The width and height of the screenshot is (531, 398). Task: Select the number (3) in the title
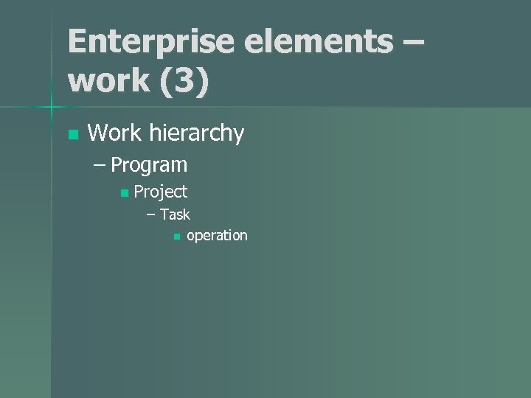click(x=181, y=81)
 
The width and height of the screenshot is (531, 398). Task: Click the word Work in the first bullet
click(x=114, y=133)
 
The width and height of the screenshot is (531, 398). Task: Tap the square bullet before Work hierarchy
click(x=72, y=135)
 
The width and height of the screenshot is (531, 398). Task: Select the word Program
click(x=149, y=165)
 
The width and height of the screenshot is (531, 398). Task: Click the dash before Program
click(x=100, y=165)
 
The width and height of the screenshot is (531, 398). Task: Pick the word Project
click(x=161, y=192)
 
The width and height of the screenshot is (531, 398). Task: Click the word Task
click(x=175, y=214)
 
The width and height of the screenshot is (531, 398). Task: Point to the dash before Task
click(x=151, y=215)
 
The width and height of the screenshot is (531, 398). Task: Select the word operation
click(x=217, y=236)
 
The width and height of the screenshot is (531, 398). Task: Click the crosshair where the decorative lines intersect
click(x=51, y=108)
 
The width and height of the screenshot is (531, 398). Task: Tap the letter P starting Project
click(x=139, y=192)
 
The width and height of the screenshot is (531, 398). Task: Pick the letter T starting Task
click(x=164, y=214)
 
